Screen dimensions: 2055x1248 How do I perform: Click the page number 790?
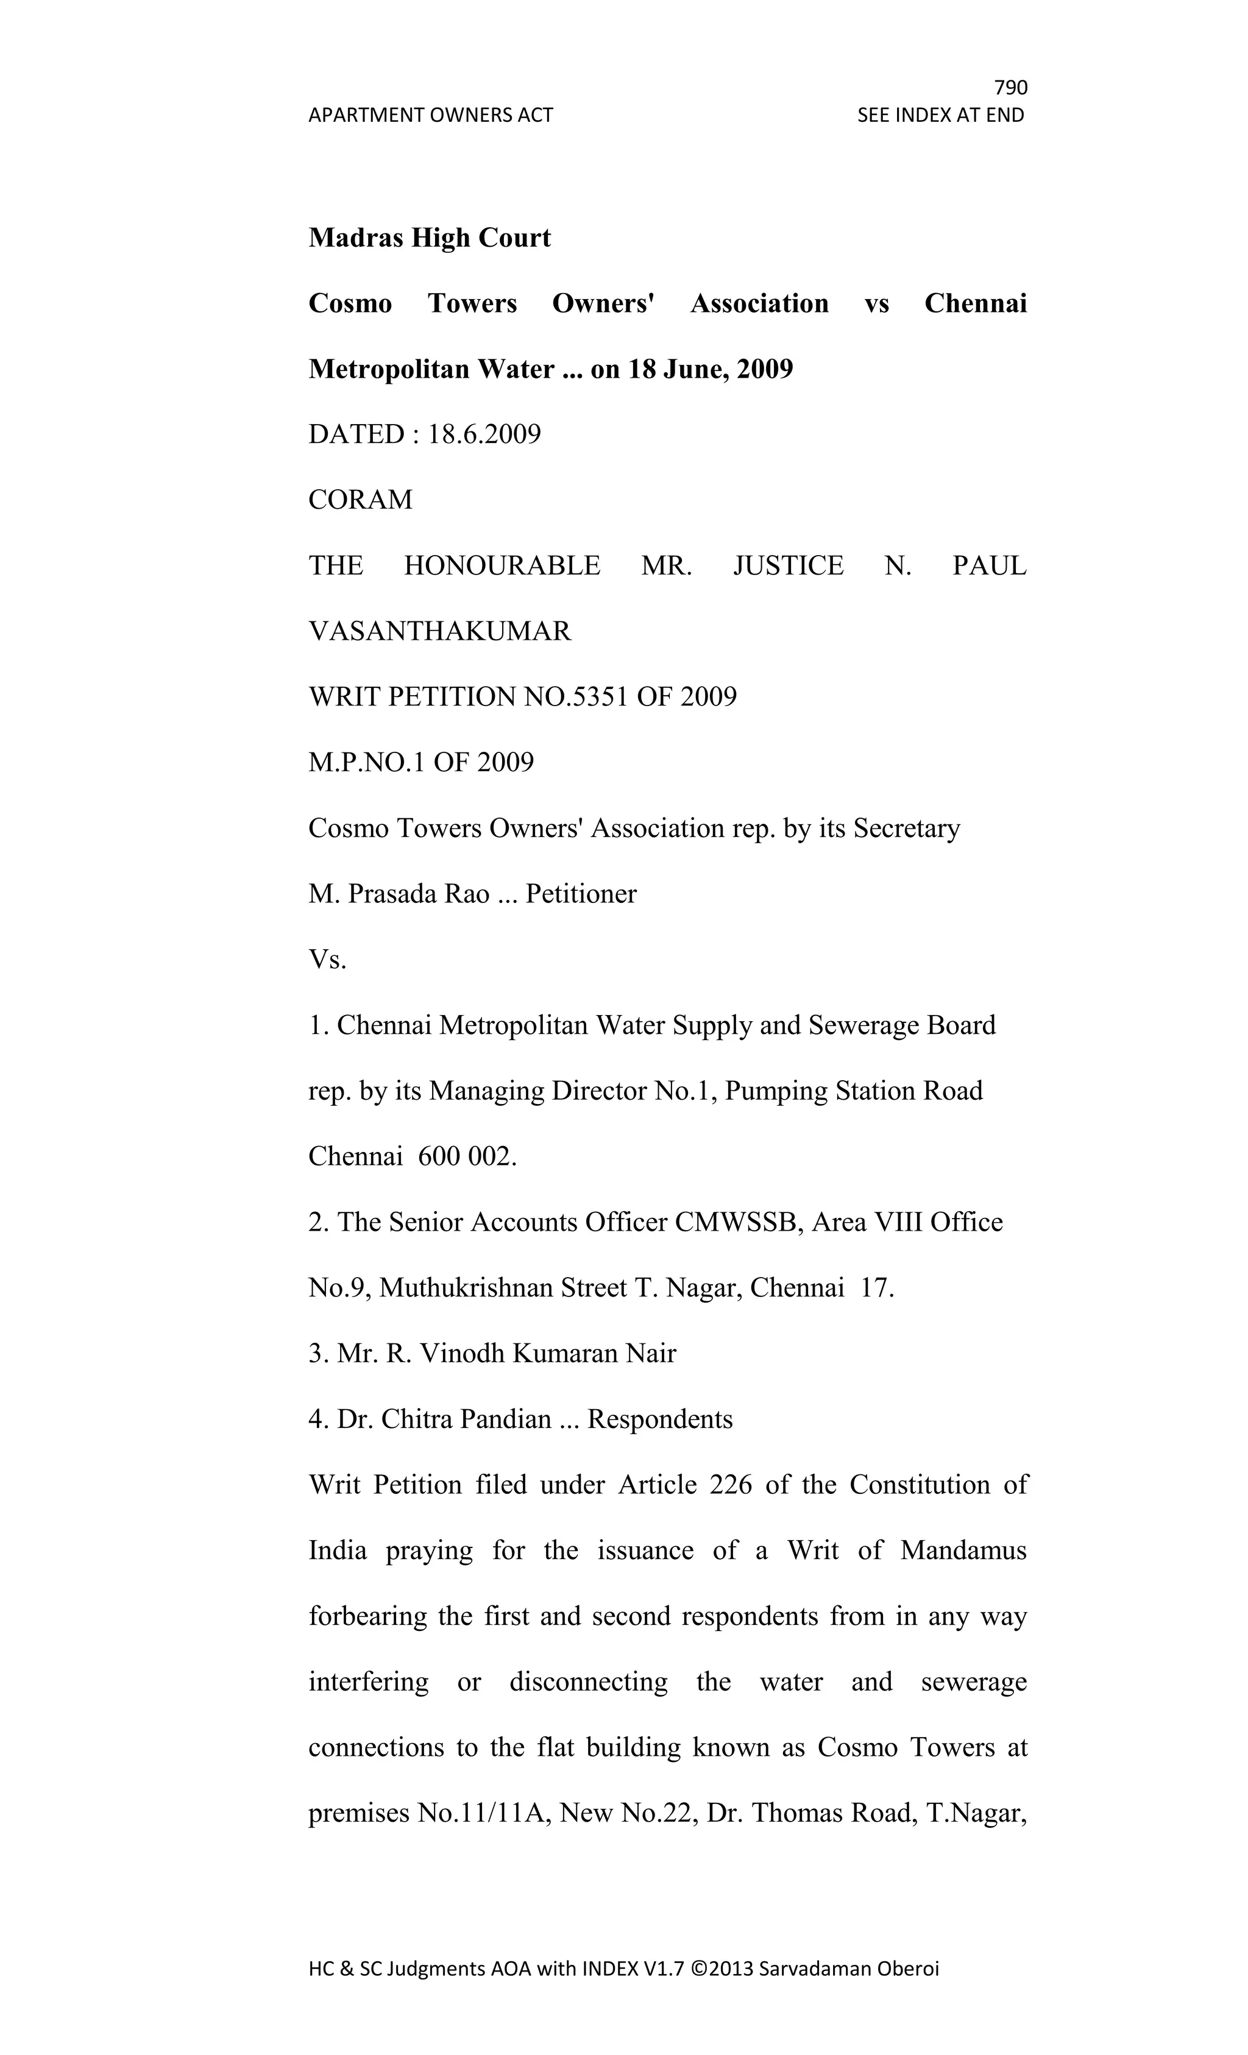[x=1010, y=87]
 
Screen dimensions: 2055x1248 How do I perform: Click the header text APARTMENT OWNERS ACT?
[x=430, y=115]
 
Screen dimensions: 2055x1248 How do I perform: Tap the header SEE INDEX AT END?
[x=940, y=115]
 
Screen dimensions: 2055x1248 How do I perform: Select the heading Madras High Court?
[x=430, y=238]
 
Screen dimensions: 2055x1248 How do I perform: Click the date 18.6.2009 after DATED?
[x=484, y=434]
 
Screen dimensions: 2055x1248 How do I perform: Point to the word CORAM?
[x=360, y=500]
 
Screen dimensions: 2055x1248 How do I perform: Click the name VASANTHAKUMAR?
[x=439, y=631]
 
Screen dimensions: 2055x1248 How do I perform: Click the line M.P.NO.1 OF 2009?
[x=420, y=762]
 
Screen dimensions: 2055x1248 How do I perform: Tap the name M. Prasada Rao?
[x=399, y=894]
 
